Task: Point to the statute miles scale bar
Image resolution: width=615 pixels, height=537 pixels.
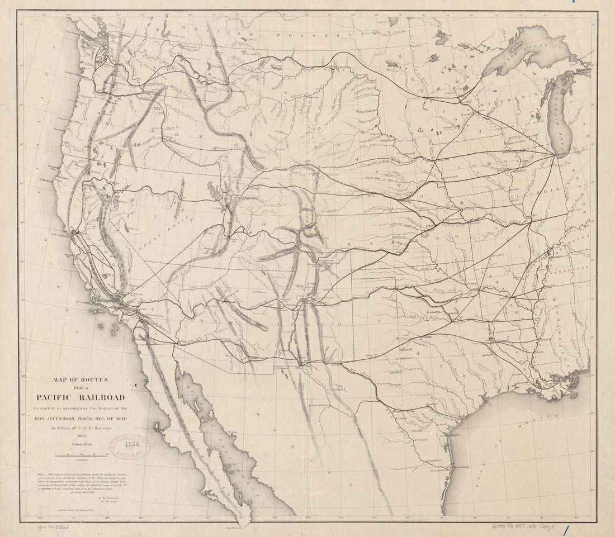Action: coord(81,456)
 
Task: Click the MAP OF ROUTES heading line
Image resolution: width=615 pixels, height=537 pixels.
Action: coord(81,380)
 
